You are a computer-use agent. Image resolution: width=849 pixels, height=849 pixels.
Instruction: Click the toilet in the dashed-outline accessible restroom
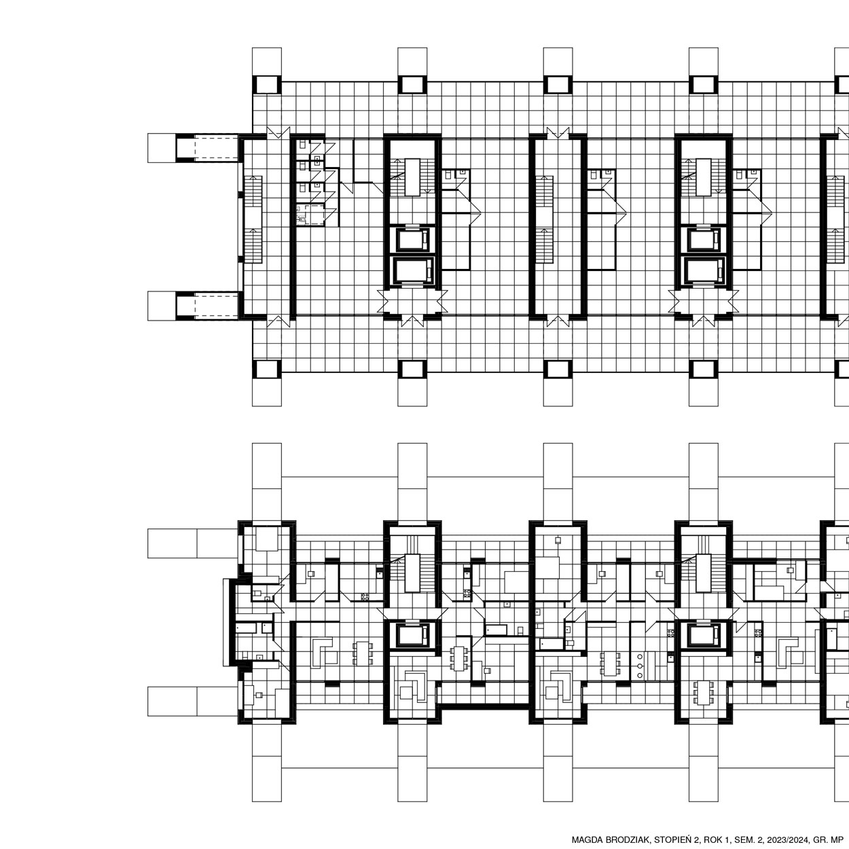pyautogui.click(x=302, y=219)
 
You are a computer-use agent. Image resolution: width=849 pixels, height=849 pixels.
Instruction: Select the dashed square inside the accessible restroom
pyautogui.click(x=314, y=214)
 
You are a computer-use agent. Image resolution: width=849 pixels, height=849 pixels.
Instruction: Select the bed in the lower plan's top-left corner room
pyautogui.click(x=266, y=539)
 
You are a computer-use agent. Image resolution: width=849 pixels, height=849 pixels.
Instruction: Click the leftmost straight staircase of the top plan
pyautogui.click(x=253, y=219)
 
